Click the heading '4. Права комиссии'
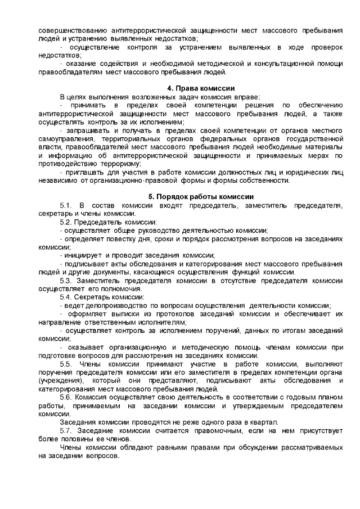(x=201, y=89)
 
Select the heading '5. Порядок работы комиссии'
(x=201, y=196)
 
